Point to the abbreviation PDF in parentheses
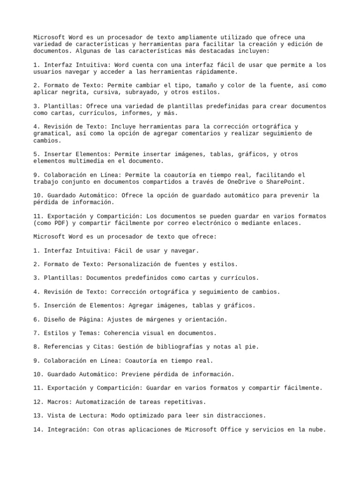(x=58, y=223)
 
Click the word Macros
(x=58, y=402)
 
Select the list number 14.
(x=37, y=429)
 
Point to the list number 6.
(x=36, y=319)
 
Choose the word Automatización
(x=98, y=402)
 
